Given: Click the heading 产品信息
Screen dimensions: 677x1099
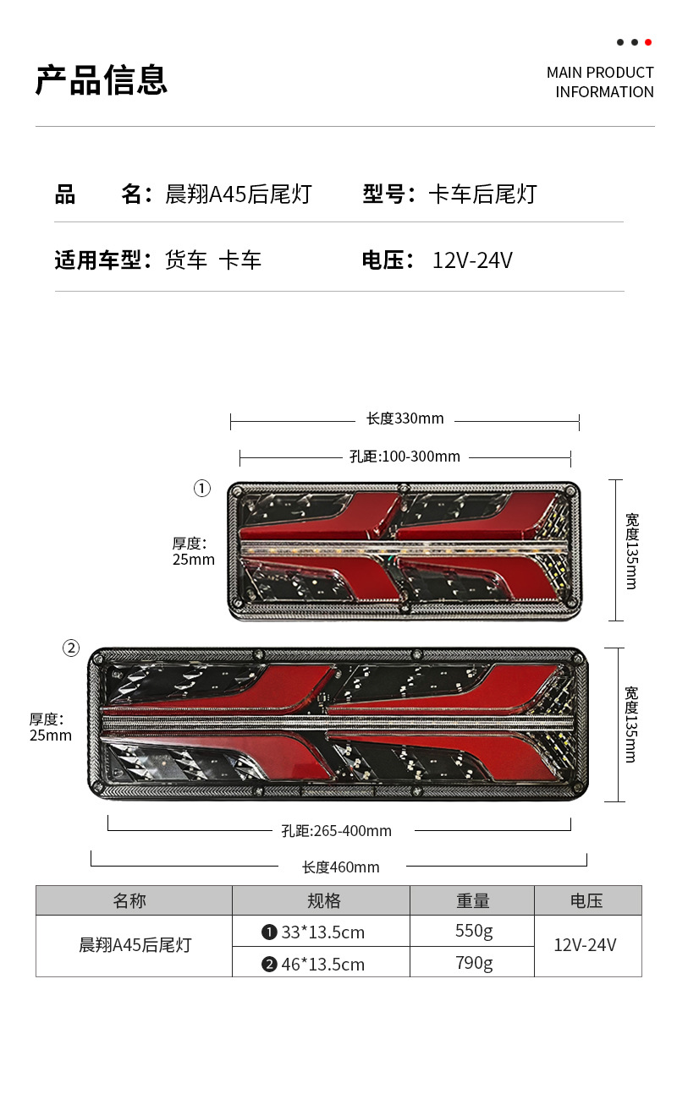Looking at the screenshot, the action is coord(102,80).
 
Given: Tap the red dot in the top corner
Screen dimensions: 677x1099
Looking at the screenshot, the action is coord(648,42).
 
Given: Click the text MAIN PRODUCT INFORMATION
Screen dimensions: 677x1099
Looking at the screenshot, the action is coord(600,82).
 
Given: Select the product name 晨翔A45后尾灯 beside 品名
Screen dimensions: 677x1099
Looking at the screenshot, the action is coord(239,194).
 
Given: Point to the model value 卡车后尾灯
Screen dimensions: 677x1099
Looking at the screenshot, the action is coord(482,194).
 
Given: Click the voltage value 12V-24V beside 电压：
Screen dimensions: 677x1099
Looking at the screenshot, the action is coord(472,260).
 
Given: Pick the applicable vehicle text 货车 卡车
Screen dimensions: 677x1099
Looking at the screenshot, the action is coord(213,260).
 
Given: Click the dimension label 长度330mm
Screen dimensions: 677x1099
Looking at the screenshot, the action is coord(405,418).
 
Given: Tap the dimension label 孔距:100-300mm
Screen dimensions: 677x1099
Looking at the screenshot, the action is coord(405,457).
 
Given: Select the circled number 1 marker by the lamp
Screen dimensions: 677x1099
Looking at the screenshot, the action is coord(201,489).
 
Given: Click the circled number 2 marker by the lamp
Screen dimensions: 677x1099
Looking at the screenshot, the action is coord(71,648).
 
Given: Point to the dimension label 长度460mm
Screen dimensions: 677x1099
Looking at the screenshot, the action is coord(341,867).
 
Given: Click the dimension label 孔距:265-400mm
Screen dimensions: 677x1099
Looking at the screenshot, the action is coord(337,831).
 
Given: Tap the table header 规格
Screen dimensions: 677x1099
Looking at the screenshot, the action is coord(323,901).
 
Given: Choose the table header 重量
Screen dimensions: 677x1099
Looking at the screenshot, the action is coord(473,901).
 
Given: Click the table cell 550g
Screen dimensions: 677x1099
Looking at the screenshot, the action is coord(474,932).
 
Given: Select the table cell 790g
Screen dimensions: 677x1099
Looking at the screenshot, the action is coord(474,963).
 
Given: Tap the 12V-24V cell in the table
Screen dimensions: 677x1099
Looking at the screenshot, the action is coord(585,945).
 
